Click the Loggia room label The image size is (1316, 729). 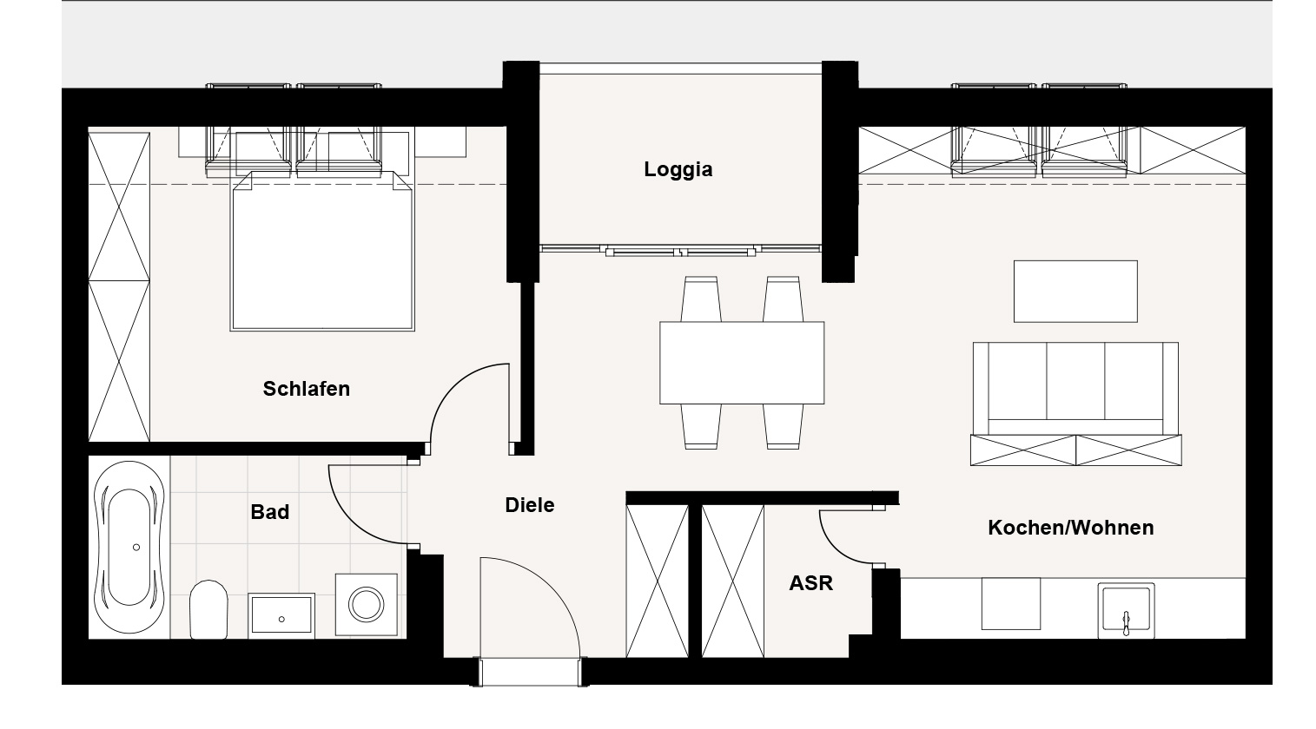tap(678, 169)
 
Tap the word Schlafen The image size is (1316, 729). tap(306, 389)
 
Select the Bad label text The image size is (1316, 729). tap(269, 512)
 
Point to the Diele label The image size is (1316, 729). tap(529, 505)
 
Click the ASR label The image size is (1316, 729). tap(810, 583)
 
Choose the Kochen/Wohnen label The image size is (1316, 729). tap(1070, 527)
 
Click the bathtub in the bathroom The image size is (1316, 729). tap(129, 547)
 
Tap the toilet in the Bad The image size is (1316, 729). tap(208, 609)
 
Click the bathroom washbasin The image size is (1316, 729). tap(281, 615)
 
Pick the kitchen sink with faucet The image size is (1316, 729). tap(1126, 610)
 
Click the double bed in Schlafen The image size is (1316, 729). tap(322, 251)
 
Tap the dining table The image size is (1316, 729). tap(742, 363)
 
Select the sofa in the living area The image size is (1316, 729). tap(1075, 389)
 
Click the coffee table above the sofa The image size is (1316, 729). tap(1075, 291)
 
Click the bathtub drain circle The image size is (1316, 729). tap(136, 547)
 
